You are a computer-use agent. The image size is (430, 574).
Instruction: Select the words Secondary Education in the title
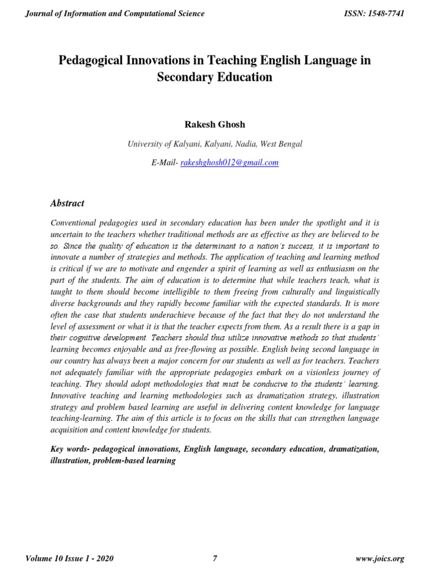tap(215, 77)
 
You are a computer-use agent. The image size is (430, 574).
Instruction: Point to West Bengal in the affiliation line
tap(282, 144)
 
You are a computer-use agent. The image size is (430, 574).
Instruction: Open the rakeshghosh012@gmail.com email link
tap(230, 163)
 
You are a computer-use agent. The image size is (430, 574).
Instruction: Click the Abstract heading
tap(67, 203)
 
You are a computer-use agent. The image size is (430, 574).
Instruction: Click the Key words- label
tap(70, 450)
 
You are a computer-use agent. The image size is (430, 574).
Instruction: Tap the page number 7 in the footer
tap(215, 558)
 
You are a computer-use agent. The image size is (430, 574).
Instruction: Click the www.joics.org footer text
tap(380, 558)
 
